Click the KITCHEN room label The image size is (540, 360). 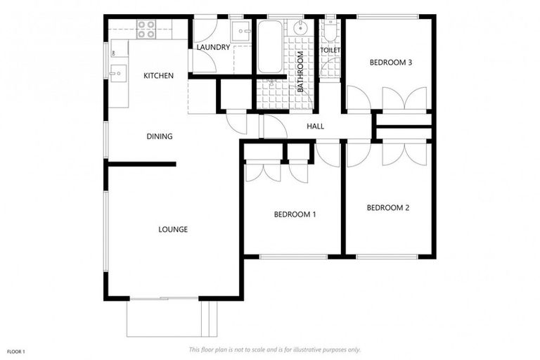point(158,75)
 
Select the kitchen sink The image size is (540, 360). point(117,72)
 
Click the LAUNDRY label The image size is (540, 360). point(213,47)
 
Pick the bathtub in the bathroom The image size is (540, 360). point(269,46)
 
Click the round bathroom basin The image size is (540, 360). point(301,28)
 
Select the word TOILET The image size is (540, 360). point(330,51)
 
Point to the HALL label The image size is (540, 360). point(315,126)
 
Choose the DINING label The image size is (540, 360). point(160,136)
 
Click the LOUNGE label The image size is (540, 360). point(173,229)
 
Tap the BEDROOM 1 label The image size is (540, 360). point(295,214)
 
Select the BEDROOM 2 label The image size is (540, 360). point(387,207)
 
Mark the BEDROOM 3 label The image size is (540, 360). point(390,63)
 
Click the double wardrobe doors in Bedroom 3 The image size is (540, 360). point(404,98)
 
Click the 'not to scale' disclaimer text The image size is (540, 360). point(274,349)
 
